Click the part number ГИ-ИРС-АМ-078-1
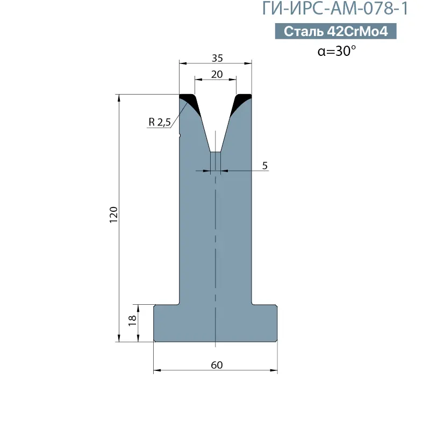(x=335, y=9)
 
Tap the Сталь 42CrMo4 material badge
(x=335, y=31)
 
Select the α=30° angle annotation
(x=336, y=51)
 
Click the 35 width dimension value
(x=217, y=58)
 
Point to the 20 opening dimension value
(x=217, y=74)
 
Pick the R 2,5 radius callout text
(x=160, y=121)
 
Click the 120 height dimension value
(x=113, y=214)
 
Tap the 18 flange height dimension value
(x=132, y=320)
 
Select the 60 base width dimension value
(x=217, y=365)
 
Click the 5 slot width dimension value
(x=264, y=166)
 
